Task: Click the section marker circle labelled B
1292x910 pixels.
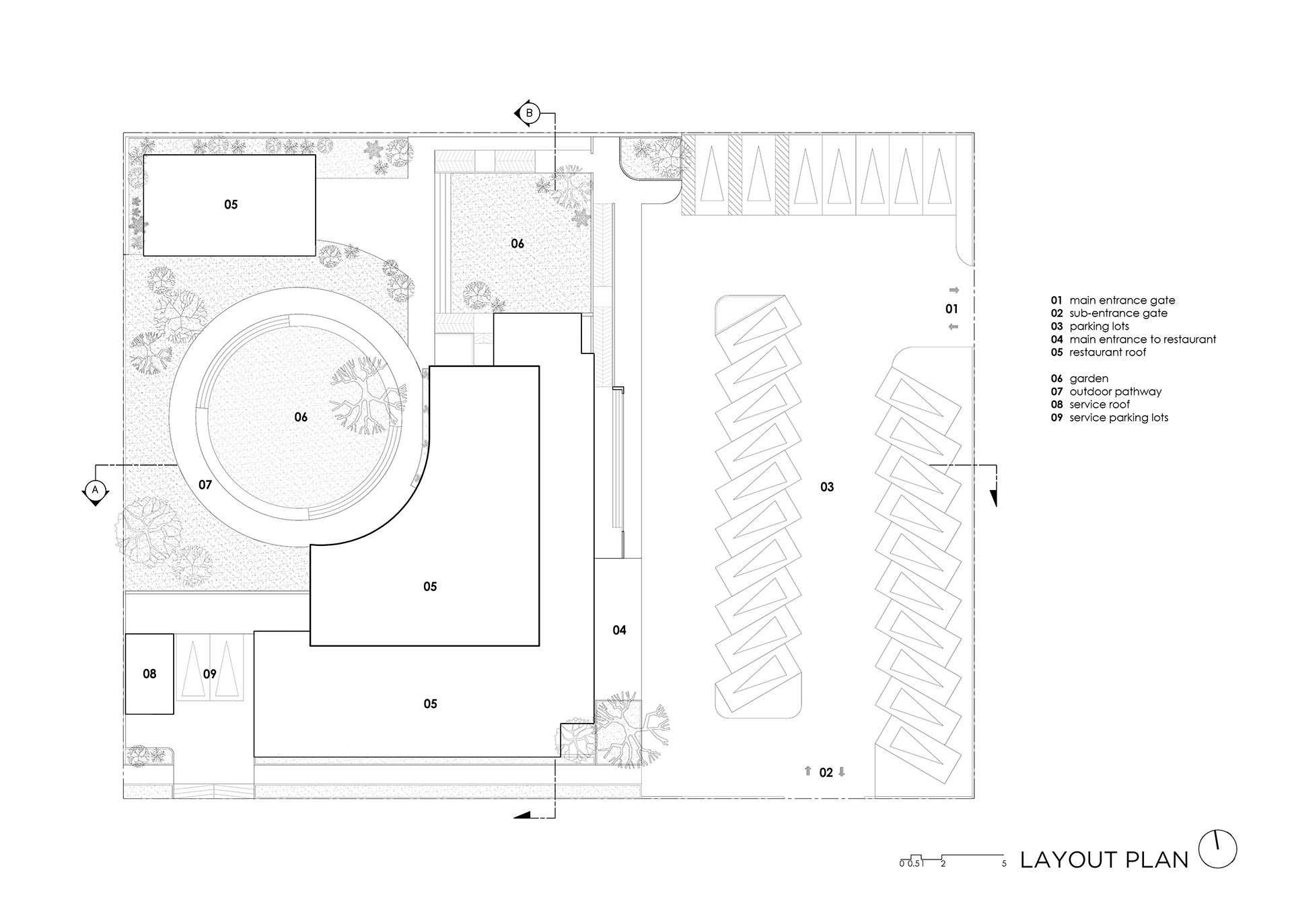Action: tap(530, 113)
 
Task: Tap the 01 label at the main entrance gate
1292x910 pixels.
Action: tap(952, 309)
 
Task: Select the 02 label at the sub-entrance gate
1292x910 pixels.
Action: tap(826, 773)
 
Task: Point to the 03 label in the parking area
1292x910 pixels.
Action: tap(827, 487)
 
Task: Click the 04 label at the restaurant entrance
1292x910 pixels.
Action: tap(619, 630)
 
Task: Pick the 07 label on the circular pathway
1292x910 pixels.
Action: tap(205, 485)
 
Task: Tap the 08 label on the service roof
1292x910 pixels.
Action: tap(149, 674)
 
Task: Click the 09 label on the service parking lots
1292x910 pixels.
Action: tap(209, 674)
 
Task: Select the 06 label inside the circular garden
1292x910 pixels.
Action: tap(301, 417)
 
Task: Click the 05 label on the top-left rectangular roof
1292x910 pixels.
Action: tap(231, 205)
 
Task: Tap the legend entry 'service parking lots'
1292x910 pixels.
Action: tap(1119, 418)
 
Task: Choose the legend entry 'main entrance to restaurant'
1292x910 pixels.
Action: tap(1143, 340)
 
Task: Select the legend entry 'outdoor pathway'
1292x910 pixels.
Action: tap(1116, 392)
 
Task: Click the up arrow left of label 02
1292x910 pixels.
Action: tap(808, 772)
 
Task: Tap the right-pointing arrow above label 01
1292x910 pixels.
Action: tap(954, 290)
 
